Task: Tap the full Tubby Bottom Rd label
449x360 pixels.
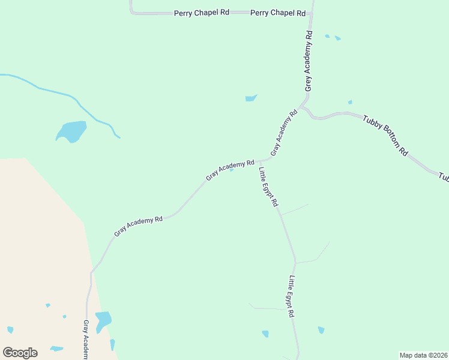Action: [x=385, y=135]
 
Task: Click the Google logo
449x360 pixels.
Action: [x=20, y=353]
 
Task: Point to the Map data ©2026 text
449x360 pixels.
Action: [x=423, y=355]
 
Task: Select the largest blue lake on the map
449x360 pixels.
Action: [x=72, y=131]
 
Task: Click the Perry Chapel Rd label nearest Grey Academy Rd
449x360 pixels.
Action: [x=278, y=13]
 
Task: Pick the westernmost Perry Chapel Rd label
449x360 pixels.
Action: [x=202, y=13]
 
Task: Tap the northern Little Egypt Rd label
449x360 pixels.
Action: [x=268, y=187]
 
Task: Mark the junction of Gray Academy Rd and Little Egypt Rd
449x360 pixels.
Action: [x=259, y=161]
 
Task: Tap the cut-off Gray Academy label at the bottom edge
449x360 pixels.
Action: [x=86, y=339]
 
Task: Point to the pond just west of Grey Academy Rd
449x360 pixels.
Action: [x=251, y=98]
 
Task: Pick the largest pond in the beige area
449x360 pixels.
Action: [x=103, y=320]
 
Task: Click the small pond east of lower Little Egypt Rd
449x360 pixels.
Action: [x=321, y=330]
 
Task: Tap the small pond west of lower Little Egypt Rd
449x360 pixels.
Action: [x=265, y=334]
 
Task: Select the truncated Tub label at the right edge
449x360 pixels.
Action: [x=444, y=177]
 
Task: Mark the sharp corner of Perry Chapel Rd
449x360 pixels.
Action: [x=131, y=11]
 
